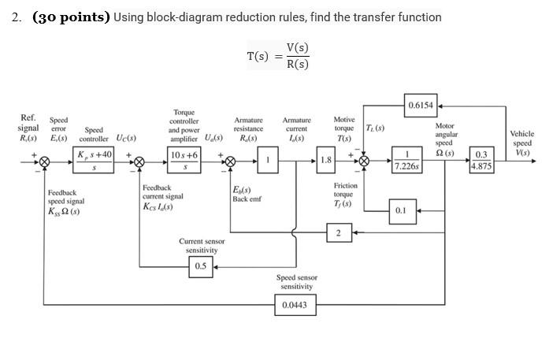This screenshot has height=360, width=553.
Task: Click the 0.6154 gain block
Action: point(421,105)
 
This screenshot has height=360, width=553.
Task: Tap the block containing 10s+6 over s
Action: point(184,161)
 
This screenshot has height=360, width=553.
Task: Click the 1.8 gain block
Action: point(326,161)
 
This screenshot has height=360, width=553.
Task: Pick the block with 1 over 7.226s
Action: point(406,161)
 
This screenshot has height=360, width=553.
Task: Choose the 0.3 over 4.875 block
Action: point(481,161)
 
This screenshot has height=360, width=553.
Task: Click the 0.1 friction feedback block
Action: point(401,210)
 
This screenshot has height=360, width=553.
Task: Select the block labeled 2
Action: point(338,232)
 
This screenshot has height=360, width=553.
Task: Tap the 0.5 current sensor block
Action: point(201,266)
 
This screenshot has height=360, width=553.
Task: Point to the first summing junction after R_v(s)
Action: point(45,161)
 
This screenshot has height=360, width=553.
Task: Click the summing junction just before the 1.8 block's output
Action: point(364,161)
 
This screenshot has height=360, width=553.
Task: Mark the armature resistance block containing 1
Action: point(268,161)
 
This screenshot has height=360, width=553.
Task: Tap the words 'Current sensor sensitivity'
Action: point(202,246)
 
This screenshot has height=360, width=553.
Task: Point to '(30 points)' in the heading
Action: point(71,17)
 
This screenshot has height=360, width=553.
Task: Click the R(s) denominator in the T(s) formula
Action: point(298,65)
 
